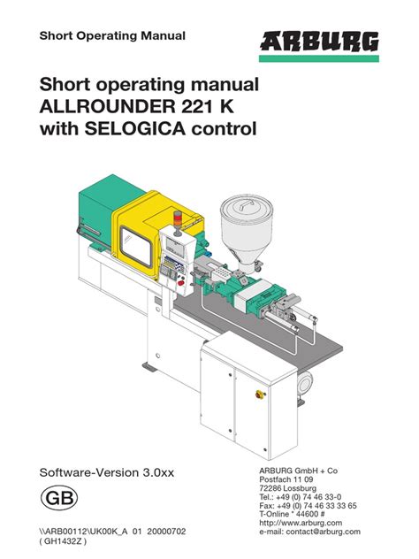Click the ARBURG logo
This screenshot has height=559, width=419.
(319, 41)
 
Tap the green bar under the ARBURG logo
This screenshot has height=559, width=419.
(319, 58)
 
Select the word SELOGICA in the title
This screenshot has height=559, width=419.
(135, 129)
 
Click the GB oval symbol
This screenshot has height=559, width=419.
(59, 498)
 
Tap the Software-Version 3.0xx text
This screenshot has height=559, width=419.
(107, 472)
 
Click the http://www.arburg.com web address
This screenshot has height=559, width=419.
(301, 523)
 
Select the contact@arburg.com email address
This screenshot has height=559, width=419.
(324, 532)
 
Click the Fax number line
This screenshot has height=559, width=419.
(308, 506)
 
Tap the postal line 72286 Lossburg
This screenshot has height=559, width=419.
(287, 488)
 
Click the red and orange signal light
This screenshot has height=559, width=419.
(178, 218)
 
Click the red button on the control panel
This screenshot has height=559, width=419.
(181, 283)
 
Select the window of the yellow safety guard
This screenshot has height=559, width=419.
(135, 247)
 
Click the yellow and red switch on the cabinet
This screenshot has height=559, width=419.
(260, 394)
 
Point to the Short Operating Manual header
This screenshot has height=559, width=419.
(112, 36)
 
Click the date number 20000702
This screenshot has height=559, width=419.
(166, 532)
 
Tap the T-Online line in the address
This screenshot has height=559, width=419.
(292, 514)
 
